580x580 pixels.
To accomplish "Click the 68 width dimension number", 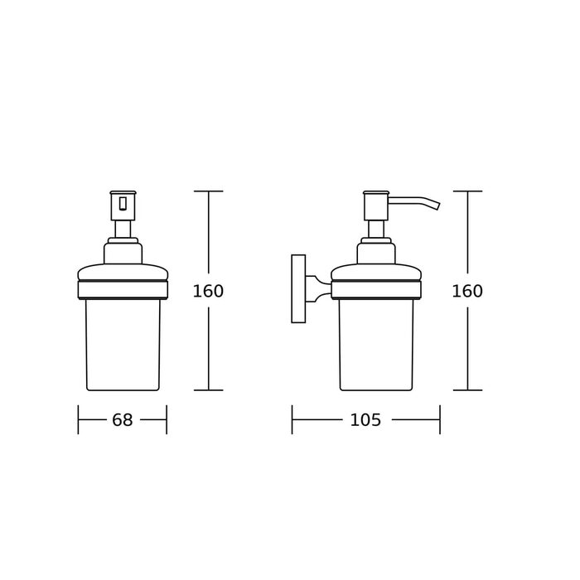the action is pyautogui.click(x=122, y=420).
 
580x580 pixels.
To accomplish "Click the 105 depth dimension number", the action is pyautogui.click(x=365, y=420).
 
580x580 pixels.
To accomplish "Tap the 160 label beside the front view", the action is pyautogui.click(x=208, y=292).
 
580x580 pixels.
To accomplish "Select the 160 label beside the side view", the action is pyautogui.click(x=467, y=292).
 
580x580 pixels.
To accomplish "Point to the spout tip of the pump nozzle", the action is pyautogui.click(x=438, y=206).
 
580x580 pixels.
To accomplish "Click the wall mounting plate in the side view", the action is pyautogui.click(x=298, y=288).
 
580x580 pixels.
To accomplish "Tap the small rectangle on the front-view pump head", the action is pyautogui.click(x=123, y=204).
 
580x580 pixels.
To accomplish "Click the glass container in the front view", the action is pyautogui.click(x=123, y=345).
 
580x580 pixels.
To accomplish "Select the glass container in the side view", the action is pyautogui.click(x=376, y=345).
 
